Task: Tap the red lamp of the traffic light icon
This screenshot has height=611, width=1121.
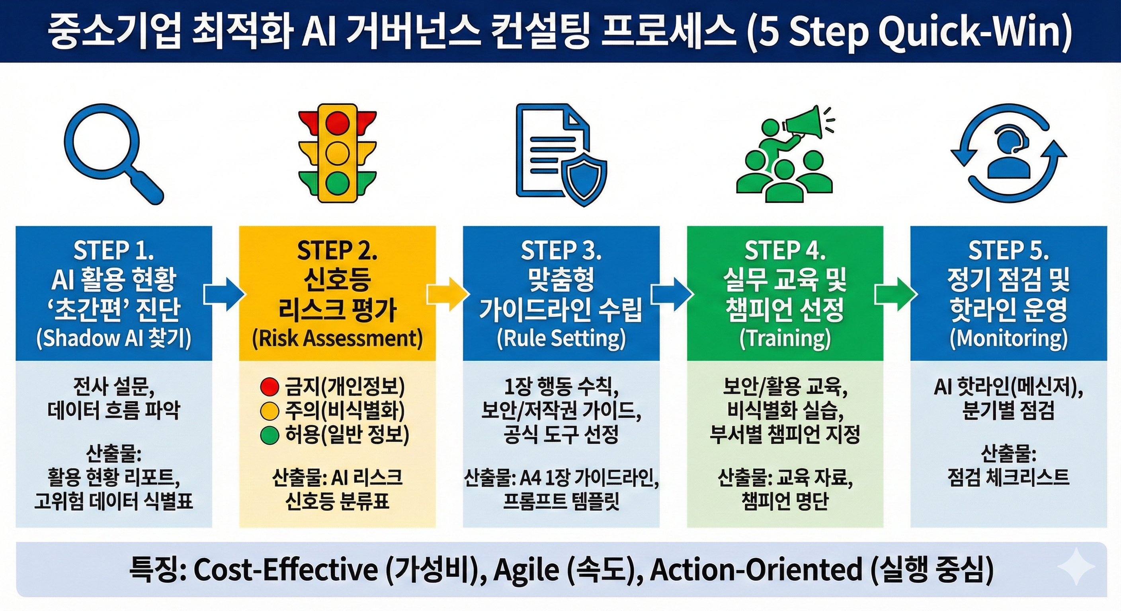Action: (337, 121)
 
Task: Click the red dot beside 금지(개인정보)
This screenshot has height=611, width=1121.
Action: (269, 387)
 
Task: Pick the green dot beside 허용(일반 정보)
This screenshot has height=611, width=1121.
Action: (269, 435)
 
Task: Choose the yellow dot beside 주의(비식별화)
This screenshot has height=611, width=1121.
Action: (269, 411)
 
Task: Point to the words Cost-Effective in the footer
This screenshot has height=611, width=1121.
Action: (285, 569)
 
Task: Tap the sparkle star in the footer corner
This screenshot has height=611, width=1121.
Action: (1076, 566)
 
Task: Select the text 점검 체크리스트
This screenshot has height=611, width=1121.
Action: (1008, 477)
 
